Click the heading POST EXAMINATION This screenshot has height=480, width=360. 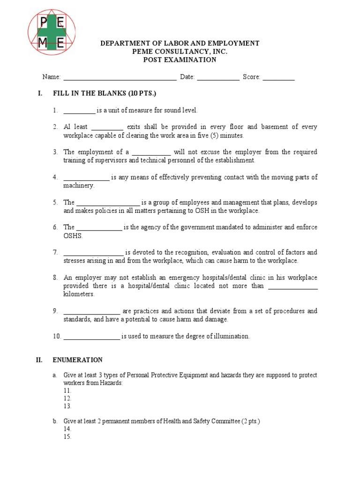pyautogui.click(x=180, y=60)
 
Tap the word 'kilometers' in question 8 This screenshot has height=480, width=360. pyautogui.click(x=79, y=294)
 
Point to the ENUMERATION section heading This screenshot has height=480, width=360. pyautogui.click(x=77, y=360)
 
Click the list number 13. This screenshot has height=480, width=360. pyautogui.click(x=67, y=406)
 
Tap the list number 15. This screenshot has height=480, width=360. pyautogui.click(x=67, y=437)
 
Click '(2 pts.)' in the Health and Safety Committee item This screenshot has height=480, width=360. pyautogui.click(x=251, y=421)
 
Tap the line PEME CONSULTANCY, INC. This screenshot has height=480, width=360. pyautogui.click(x=180, y=52)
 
